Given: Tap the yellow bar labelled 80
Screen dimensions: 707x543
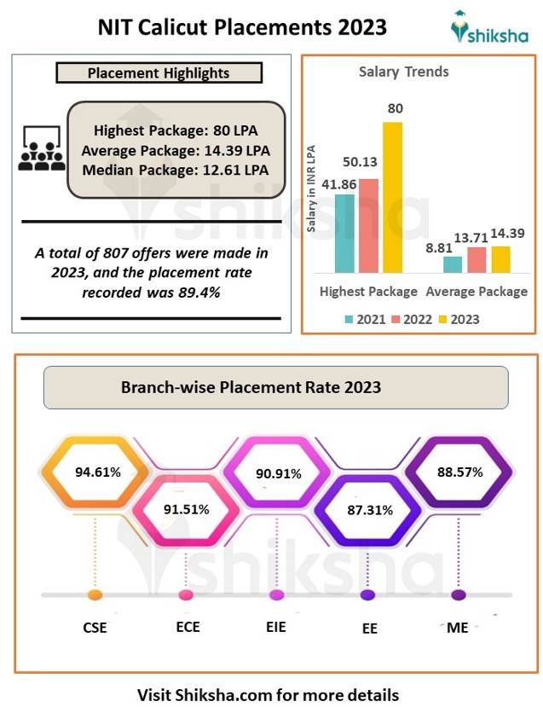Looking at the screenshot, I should tap(393, 198).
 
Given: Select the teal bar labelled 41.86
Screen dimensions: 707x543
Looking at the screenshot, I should tap(344, 234).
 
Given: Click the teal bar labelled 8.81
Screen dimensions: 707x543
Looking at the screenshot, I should tap(453, 264).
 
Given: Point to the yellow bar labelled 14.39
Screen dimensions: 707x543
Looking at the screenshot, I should tap(500, 259).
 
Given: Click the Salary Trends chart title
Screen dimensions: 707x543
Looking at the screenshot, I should tap(404, 72).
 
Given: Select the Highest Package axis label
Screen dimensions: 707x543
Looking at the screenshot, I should tap(368, 292).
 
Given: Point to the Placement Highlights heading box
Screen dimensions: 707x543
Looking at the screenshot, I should tap(159, 73).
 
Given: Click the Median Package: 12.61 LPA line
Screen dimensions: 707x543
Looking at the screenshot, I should tap(176, 169).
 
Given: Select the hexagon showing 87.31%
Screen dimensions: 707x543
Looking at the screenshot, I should tap(369, 510).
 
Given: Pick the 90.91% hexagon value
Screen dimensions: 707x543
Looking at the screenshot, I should tap(279, 472).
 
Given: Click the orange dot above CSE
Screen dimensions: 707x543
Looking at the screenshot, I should tap(95, 594).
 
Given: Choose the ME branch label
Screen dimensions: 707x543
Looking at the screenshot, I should tap(458, 628).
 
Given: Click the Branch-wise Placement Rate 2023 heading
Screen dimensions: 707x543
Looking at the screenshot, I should tap(251, 387).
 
